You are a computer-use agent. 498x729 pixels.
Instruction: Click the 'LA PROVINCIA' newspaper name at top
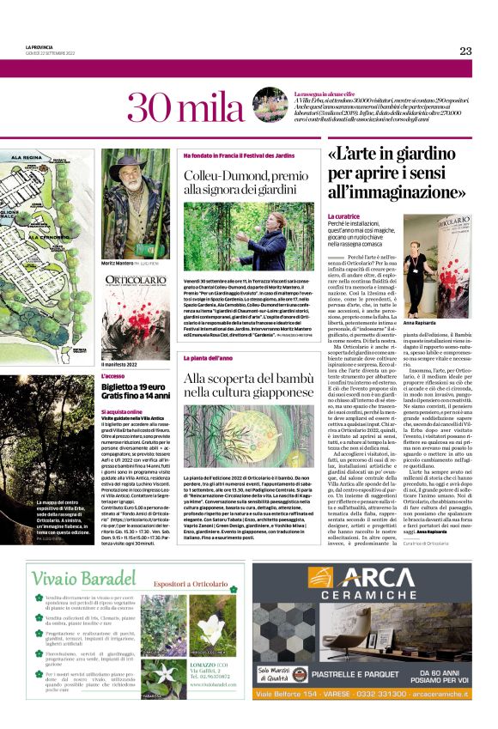[40, 46]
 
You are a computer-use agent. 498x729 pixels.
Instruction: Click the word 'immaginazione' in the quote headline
[409, 192]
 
